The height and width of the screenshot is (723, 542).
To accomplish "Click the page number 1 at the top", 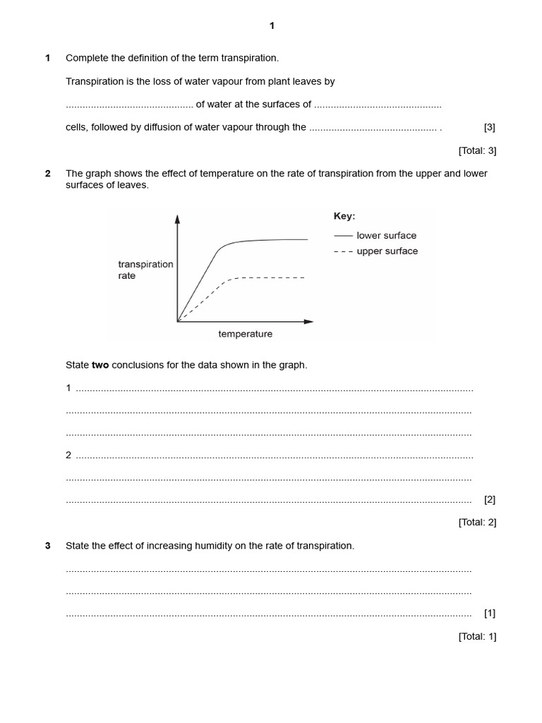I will [272, 26].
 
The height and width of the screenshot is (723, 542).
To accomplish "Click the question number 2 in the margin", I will [48, 174].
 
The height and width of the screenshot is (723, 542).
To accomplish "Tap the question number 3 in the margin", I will [48, 546].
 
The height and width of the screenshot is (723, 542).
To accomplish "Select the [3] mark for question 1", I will [490, 128].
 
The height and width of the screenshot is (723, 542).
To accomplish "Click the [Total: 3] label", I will [477, 150].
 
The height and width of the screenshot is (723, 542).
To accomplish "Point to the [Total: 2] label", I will [477, 522].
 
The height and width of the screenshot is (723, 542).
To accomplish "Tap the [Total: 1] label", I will [477, 636].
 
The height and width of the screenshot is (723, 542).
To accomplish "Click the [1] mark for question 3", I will [490, 614].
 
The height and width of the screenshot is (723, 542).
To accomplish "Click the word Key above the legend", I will [344, 216].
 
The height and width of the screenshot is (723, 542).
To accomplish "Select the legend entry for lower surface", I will [375, 236].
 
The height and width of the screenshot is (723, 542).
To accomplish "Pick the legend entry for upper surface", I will [375, 251].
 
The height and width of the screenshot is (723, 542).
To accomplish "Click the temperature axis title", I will [245, 334].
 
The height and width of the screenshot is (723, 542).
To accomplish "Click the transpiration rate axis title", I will [145, 270].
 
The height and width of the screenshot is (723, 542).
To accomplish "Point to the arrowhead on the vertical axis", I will [177, 220].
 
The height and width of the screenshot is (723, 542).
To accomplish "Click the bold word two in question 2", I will [100, 365].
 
